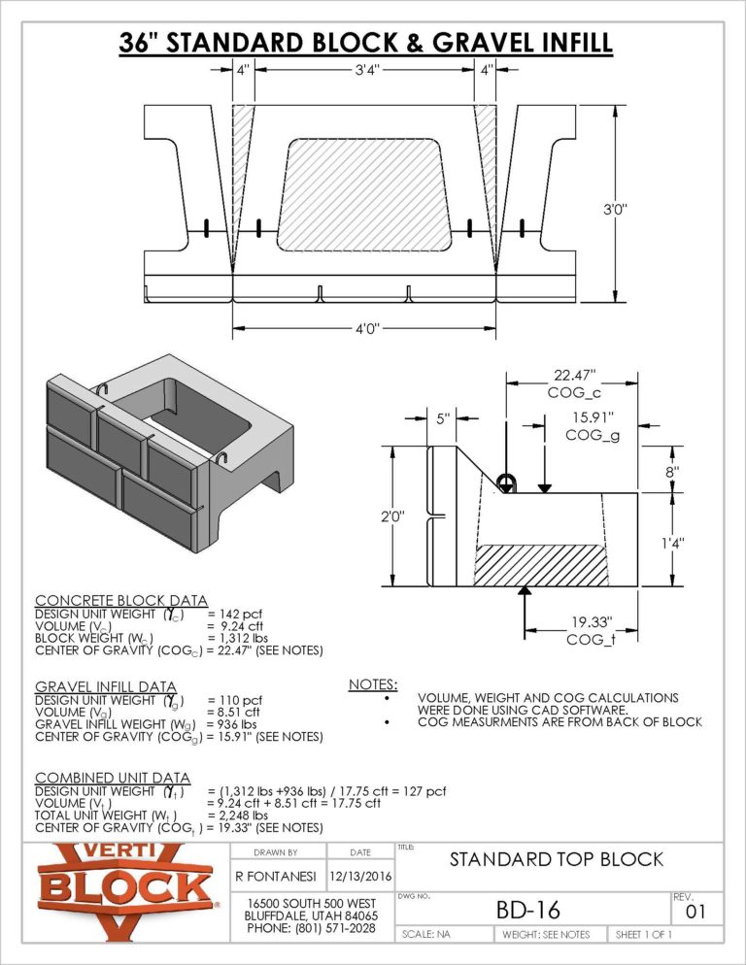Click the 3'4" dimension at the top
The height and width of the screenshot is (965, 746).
click(x=365, y=70)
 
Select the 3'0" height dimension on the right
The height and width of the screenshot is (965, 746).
click(x=615, y=209)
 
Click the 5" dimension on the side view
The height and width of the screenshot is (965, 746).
click(x=443, y=419)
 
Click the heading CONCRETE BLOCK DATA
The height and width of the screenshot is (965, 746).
click(x=120, y=601)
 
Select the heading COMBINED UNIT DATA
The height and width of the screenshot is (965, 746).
click(x=112, y=778)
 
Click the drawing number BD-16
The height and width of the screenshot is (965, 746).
click(x=528, y=909)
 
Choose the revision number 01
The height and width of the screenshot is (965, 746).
click(x=695, y=913)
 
